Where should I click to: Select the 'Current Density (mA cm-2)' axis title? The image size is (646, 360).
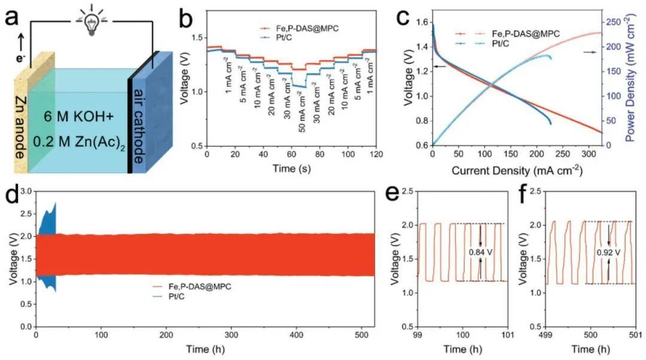click(516, 170)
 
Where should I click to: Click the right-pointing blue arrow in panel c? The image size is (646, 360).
click(590, 53)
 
